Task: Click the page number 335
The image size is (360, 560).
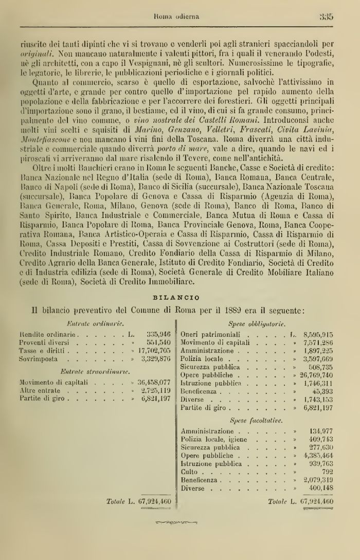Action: [327, 16]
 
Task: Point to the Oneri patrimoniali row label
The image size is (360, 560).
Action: [209, 334]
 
